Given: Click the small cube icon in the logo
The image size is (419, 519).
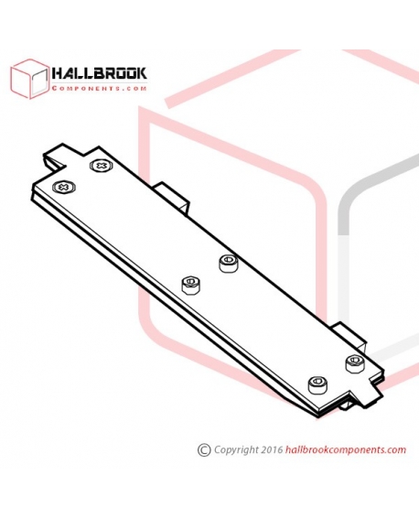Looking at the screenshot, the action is [x=29, y=79].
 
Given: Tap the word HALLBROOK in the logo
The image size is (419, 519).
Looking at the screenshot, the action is [x=99, y=73].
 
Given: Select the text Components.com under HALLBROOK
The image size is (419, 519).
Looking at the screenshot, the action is [x=99, y=89].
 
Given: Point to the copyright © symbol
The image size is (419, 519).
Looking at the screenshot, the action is [x=204, y=449].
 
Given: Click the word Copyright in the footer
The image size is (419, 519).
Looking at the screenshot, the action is [x=236, y=450].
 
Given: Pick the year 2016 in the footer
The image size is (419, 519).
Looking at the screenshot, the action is [x=272, y=449].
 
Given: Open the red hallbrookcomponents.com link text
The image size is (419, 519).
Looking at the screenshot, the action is [x=345, y=449].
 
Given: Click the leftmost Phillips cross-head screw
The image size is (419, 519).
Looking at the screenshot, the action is [x=64, y=188].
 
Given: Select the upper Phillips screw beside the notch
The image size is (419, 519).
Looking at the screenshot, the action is [x=102, y=165].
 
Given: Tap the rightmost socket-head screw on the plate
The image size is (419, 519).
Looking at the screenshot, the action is [x=356, y=363].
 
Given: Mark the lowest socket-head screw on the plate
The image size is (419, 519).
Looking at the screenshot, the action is [x=318, y=385].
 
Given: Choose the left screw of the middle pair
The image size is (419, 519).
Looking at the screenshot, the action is [x=192, y=285].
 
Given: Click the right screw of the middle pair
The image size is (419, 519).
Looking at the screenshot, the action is [x=229, y=263].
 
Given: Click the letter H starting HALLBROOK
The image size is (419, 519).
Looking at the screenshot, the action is [x=58, y=73].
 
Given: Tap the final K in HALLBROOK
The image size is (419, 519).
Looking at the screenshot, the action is [x=142, y=73].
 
